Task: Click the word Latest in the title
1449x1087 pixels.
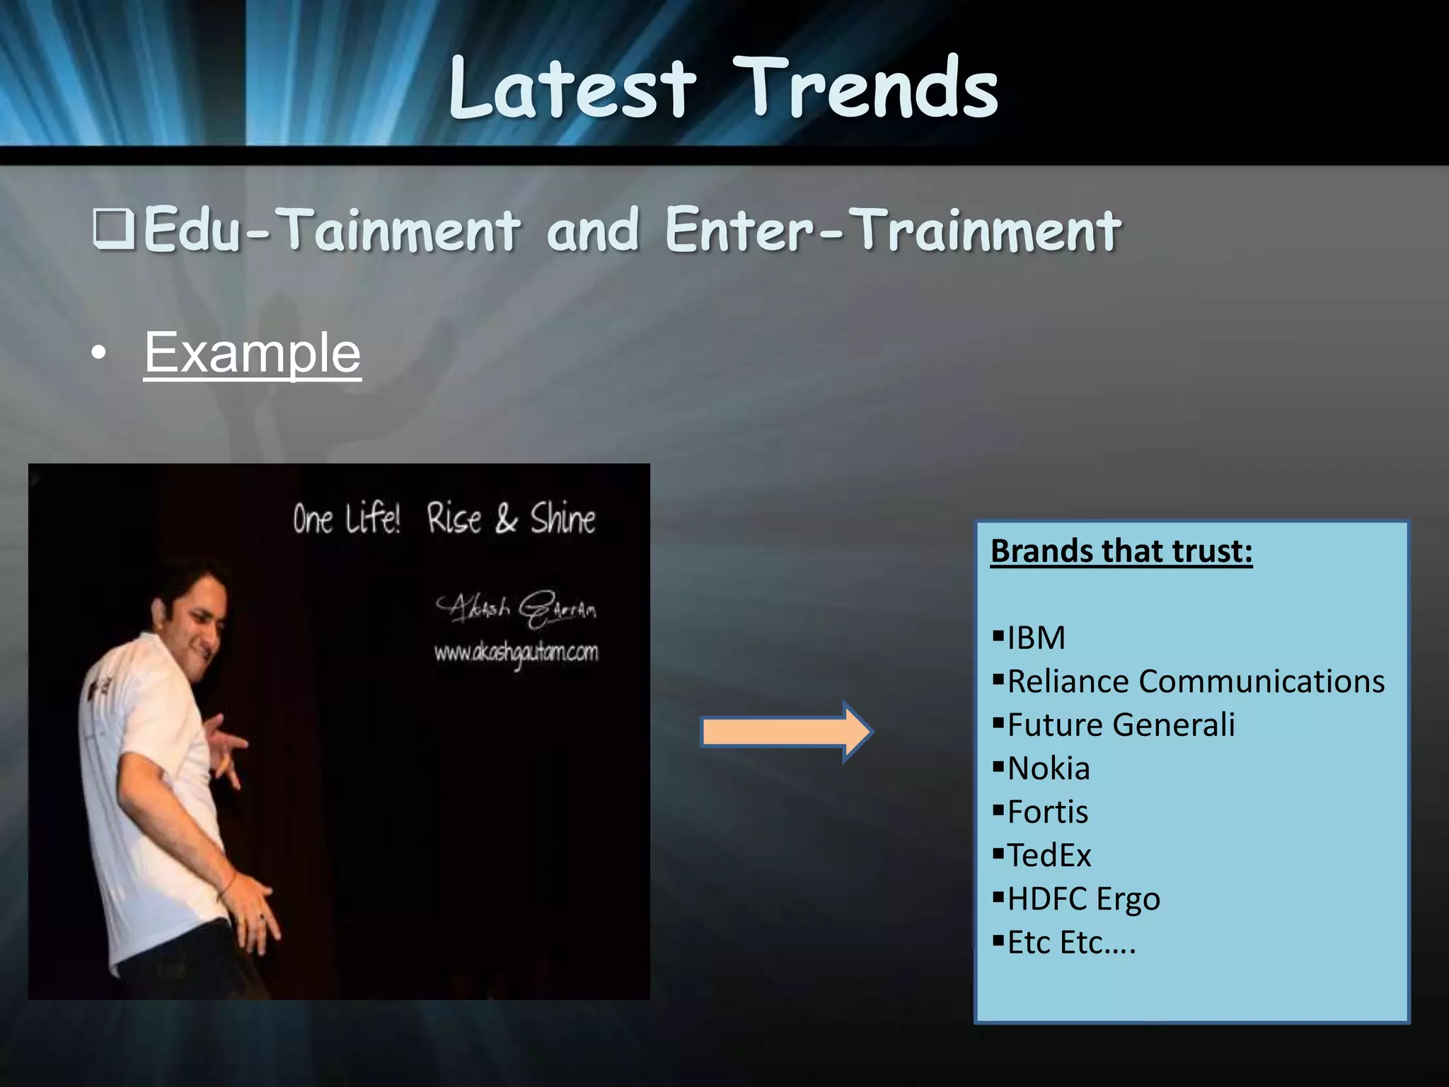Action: pyautogui.click(x=573, y=88)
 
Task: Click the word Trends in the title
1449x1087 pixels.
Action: pyautogui.click(x=865, y=88)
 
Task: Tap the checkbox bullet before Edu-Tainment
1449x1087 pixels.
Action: pyautogui.click(x=113, y=231)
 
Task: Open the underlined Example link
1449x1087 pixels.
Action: pyautogui.click(x=253, y=352)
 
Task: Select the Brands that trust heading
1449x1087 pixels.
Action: pyautogui.click(x=1121, y=551)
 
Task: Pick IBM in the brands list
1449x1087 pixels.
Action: pyautogui.click(x=1036, y=638)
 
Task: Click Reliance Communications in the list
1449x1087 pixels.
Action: pyautogui.click(x=1196, y=681)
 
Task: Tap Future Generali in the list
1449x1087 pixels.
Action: pyautogui.click(x=1121, y=725)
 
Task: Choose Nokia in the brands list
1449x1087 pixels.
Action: pyautogui.click(x=1049, y=769)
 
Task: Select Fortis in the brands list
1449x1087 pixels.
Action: pyautogui.click(x=1047, y=812)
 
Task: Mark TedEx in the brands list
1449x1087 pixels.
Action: pyautogui.click(x=1049, y=856)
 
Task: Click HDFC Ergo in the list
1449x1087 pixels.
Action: pyautogui.click(x=1083, y=899)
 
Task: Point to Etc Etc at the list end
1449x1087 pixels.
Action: pyautogui.click(x=1071, y=943)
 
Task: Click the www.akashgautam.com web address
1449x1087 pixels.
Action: pyautogui.click(x=516, y=652)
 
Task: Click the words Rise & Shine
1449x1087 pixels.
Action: pyautogui.click(x=511, y=519)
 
